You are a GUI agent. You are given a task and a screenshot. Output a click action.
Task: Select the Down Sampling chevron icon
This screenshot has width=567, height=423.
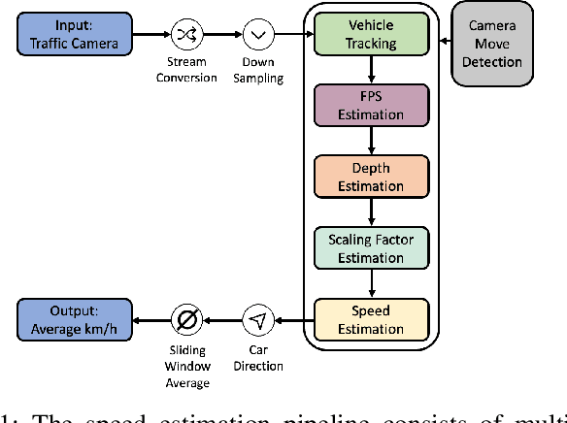point(257,34)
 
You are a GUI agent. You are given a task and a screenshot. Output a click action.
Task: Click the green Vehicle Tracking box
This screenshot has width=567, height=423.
point(371,34)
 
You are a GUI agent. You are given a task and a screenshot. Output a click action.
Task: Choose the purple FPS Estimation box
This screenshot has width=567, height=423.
point(371,105)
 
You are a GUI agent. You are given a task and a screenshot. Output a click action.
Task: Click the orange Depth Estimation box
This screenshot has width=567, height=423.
point(371,177)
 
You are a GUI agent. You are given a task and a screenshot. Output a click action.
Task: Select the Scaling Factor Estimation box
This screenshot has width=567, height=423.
point(371,248)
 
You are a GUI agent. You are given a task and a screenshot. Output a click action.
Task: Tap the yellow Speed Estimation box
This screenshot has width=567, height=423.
point(371,319)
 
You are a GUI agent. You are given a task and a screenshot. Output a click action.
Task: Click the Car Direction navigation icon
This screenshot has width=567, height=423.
point(257,319)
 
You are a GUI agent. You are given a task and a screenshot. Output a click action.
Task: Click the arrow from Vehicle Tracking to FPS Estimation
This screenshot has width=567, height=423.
point(371,69)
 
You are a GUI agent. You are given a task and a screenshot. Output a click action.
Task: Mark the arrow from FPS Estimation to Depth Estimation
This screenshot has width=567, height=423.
point(371,141)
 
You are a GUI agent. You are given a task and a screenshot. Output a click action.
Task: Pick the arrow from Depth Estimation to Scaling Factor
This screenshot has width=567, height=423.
point(371,212)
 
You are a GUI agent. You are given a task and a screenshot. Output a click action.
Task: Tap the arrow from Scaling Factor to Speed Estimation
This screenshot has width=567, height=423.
point(371,284)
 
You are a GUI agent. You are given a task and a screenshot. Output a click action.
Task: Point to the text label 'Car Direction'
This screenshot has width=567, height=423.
point(257,358)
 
